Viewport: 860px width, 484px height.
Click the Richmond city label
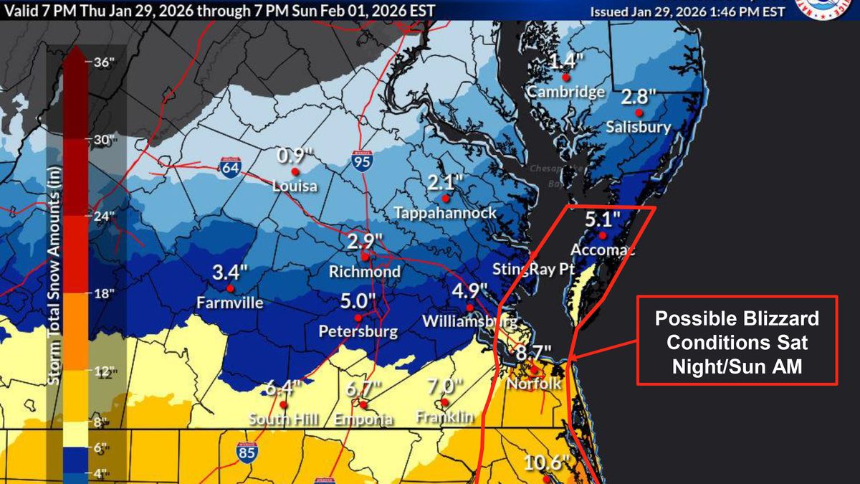click(x=364, y=272)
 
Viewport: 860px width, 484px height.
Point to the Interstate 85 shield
click(x=245, y=452)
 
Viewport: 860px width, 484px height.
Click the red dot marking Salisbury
click(x=638, y=113)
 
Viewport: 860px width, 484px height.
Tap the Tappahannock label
click(x=445, y=214)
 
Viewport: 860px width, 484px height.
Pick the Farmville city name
click(x=229, y=303)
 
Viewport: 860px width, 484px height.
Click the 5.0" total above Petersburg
click(x=358, y=300)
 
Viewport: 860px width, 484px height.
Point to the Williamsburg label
click(x=470, y=320)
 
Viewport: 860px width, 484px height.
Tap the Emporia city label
click(x=362, y=419)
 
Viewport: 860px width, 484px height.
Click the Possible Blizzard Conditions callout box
click(x=737, y=341)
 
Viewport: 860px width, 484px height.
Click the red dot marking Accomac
click(x=603, y=235)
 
